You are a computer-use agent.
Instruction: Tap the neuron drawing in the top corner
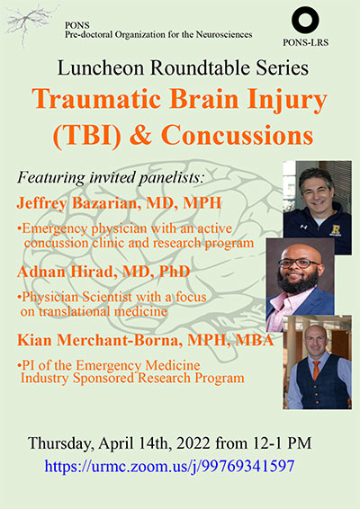[31, 23]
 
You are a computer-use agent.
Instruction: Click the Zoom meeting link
[169, 467]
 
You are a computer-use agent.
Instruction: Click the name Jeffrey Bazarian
[78, 203]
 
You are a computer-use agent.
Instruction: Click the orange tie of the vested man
[316, 371]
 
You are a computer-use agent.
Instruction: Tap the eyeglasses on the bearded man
[299, 263]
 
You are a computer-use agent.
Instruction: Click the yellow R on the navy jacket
[336, 230]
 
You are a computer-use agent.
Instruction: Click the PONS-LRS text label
[305, 42]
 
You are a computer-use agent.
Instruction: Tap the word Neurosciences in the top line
[224, 34]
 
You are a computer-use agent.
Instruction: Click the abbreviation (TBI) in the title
[87, 136]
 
